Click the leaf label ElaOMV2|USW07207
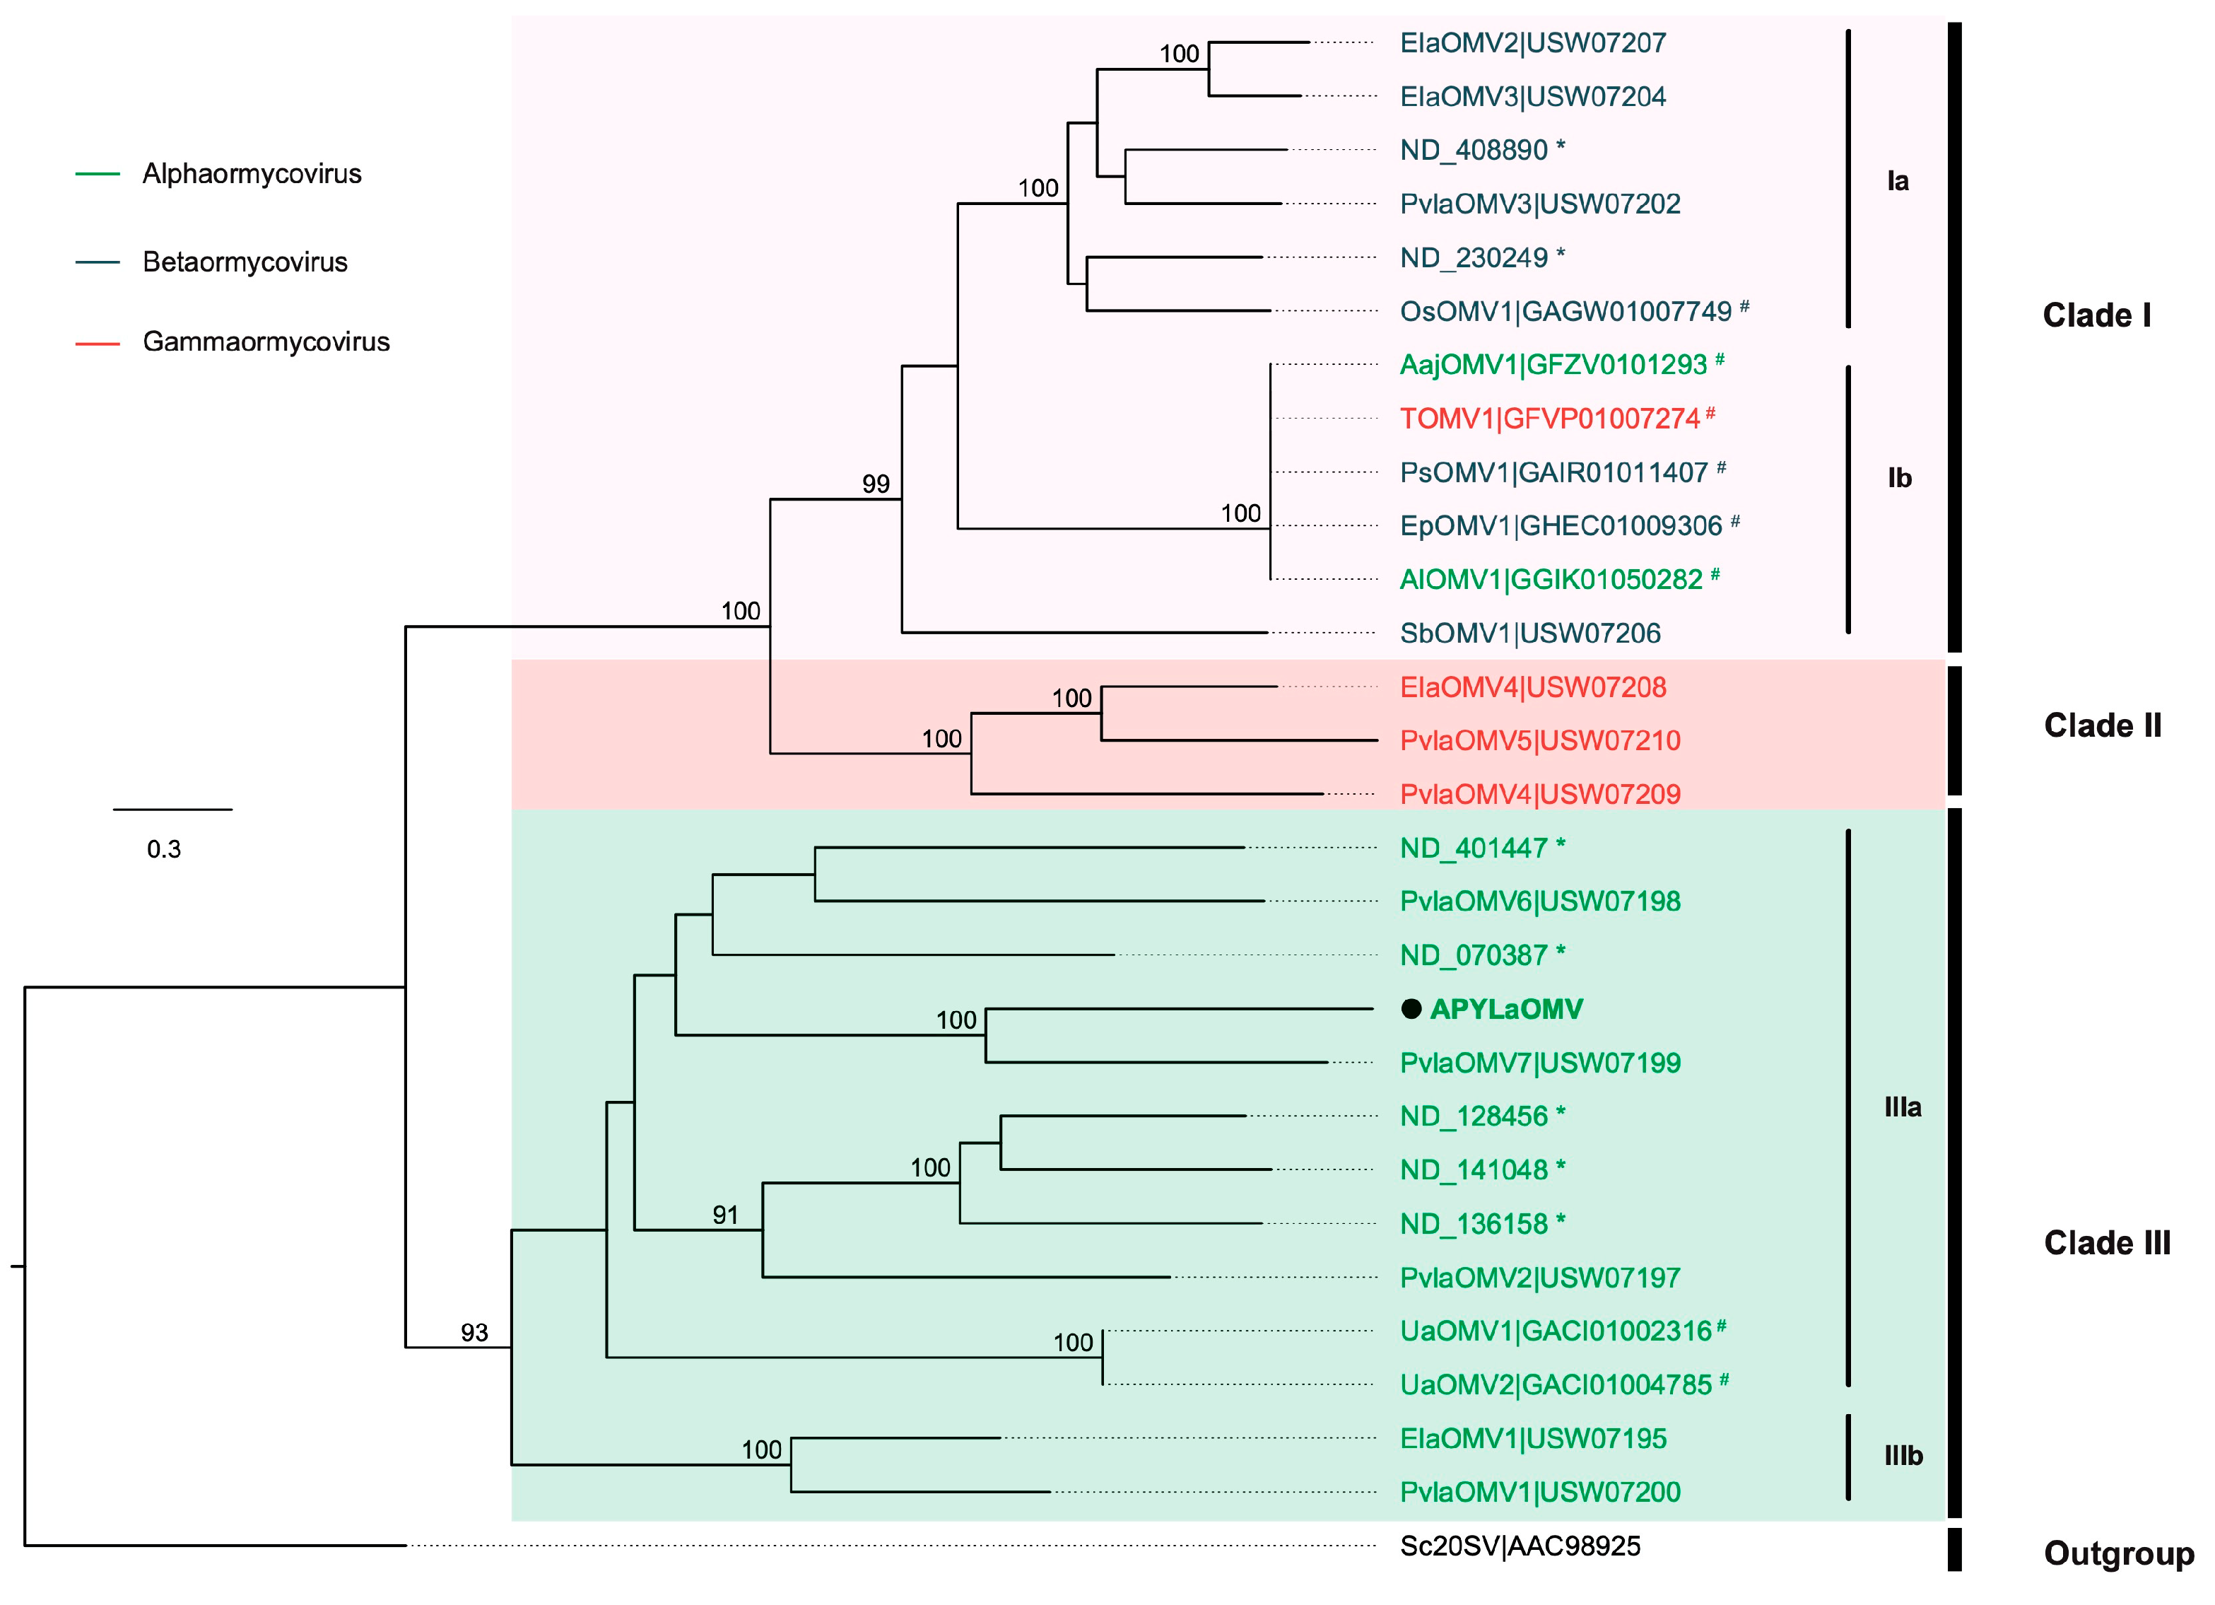click(x=1532, y=43)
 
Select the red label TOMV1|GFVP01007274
click(x=1549, y=419)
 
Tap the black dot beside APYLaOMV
click(x=1410, y=1009)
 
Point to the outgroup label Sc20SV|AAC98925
click(x=1520, y=1546)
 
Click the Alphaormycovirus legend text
click(x=252, y=174)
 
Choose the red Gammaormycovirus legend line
click(x=98, y=344)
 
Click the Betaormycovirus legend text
click(x=245, y=262)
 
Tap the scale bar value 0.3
click(x=164, y=849)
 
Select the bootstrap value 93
click(x=475, y=1333)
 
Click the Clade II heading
click(x=2102, y=726)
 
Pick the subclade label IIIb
click(x=1903, y=1456)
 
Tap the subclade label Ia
click(x=1897, y=181)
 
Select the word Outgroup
click(x=2118, y=1553)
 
